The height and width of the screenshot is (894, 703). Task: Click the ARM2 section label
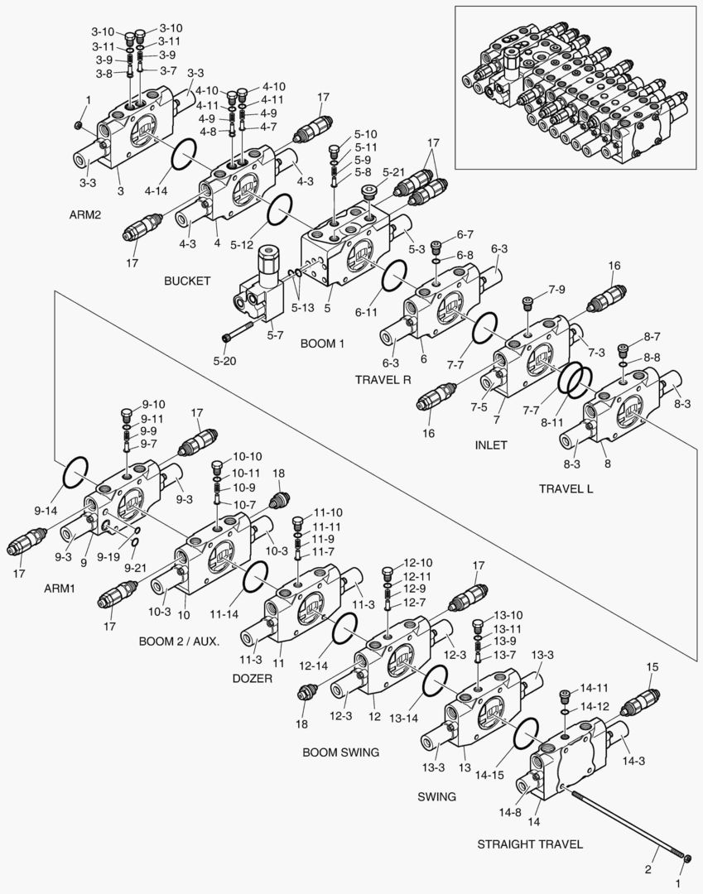pyautogui.click(x=85, y=214)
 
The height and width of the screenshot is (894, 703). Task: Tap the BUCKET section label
pyautogui.click(x=187, y=281)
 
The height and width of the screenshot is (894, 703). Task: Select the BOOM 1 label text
pyautogui.click(x=322, y=343)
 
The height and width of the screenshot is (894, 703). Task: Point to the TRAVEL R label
pyautogui.click(x=383, y=381)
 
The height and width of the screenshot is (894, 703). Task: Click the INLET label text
pyautogui.click(x=491, y=445)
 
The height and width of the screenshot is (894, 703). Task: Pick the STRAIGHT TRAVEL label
pyautogui.click(x=530, y=844)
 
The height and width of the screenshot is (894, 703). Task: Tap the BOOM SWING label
pyautogui.click(x=340, y=752)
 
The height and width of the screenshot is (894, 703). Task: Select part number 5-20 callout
pyautogui.click(x=225, y=360)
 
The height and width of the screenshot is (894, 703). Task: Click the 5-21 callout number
pyautogui.click(x=394, y=171)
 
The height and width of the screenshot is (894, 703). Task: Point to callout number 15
pyautogui.click(x=652, y=666)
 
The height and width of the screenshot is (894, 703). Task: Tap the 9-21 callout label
pyautogui.click(x=136, y=567)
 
